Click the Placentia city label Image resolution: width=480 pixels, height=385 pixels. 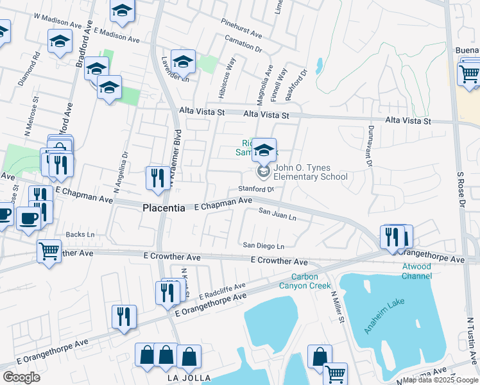pos(163,209)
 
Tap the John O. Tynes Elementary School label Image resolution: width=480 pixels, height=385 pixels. pos(311,173)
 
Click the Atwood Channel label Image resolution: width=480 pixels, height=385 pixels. pos(416,271)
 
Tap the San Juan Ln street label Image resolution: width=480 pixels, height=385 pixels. pos(277,214)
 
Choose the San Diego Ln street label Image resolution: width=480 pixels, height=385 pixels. pos(263,245)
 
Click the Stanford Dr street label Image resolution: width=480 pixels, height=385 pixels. pos(256,189)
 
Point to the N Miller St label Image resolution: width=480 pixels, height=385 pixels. pos(338,307)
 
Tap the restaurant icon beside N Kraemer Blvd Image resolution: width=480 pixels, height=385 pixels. pos(157,178)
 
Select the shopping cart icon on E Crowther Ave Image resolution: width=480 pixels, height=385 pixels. pos(49,252)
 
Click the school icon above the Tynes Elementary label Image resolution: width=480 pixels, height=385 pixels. pos(263,150)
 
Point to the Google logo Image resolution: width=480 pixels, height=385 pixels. pos(21,377)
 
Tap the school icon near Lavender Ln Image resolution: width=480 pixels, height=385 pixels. pos(183,62)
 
